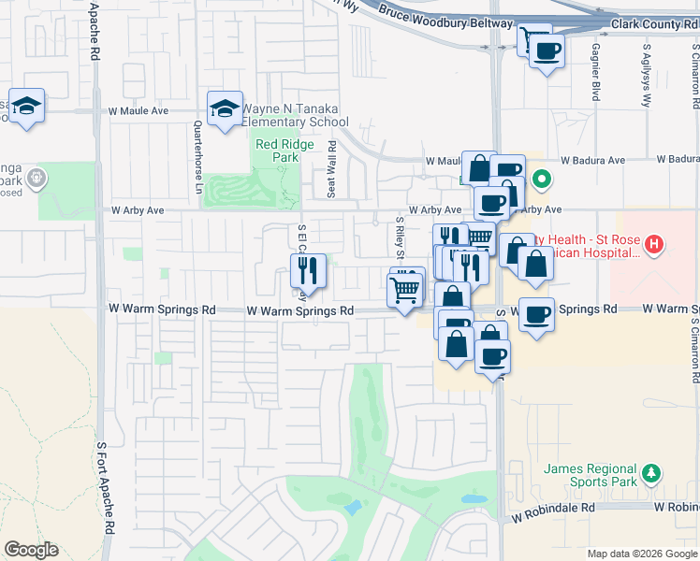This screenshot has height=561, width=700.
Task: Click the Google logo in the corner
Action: click(x=31, y=550)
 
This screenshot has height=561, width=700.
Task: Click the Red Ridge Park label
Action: click(x=278, y=151)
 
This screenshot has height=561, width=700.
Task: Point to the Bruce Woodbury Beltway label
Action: click(x=445, y=22)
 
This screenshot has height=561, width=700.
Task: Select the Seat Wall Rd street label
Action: click(x=331, y=169)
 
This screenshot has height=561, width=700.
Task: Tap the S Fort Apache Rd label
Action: click(x=110, y=486)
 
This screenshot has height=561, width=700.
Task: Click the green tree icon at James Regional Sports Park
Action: click(x=653, y=474)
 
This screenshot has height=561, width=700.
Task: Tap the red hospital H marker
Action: click(x=654, y=246)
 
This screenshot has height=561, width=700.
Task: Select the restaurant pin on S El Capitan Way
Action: click(x=308, y=271)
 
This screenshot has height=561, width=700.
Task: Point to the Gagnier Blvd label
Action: click(x=595, y=70)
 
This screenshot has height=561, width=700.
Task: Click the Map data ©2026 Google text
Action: click(x=640, y=553)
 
